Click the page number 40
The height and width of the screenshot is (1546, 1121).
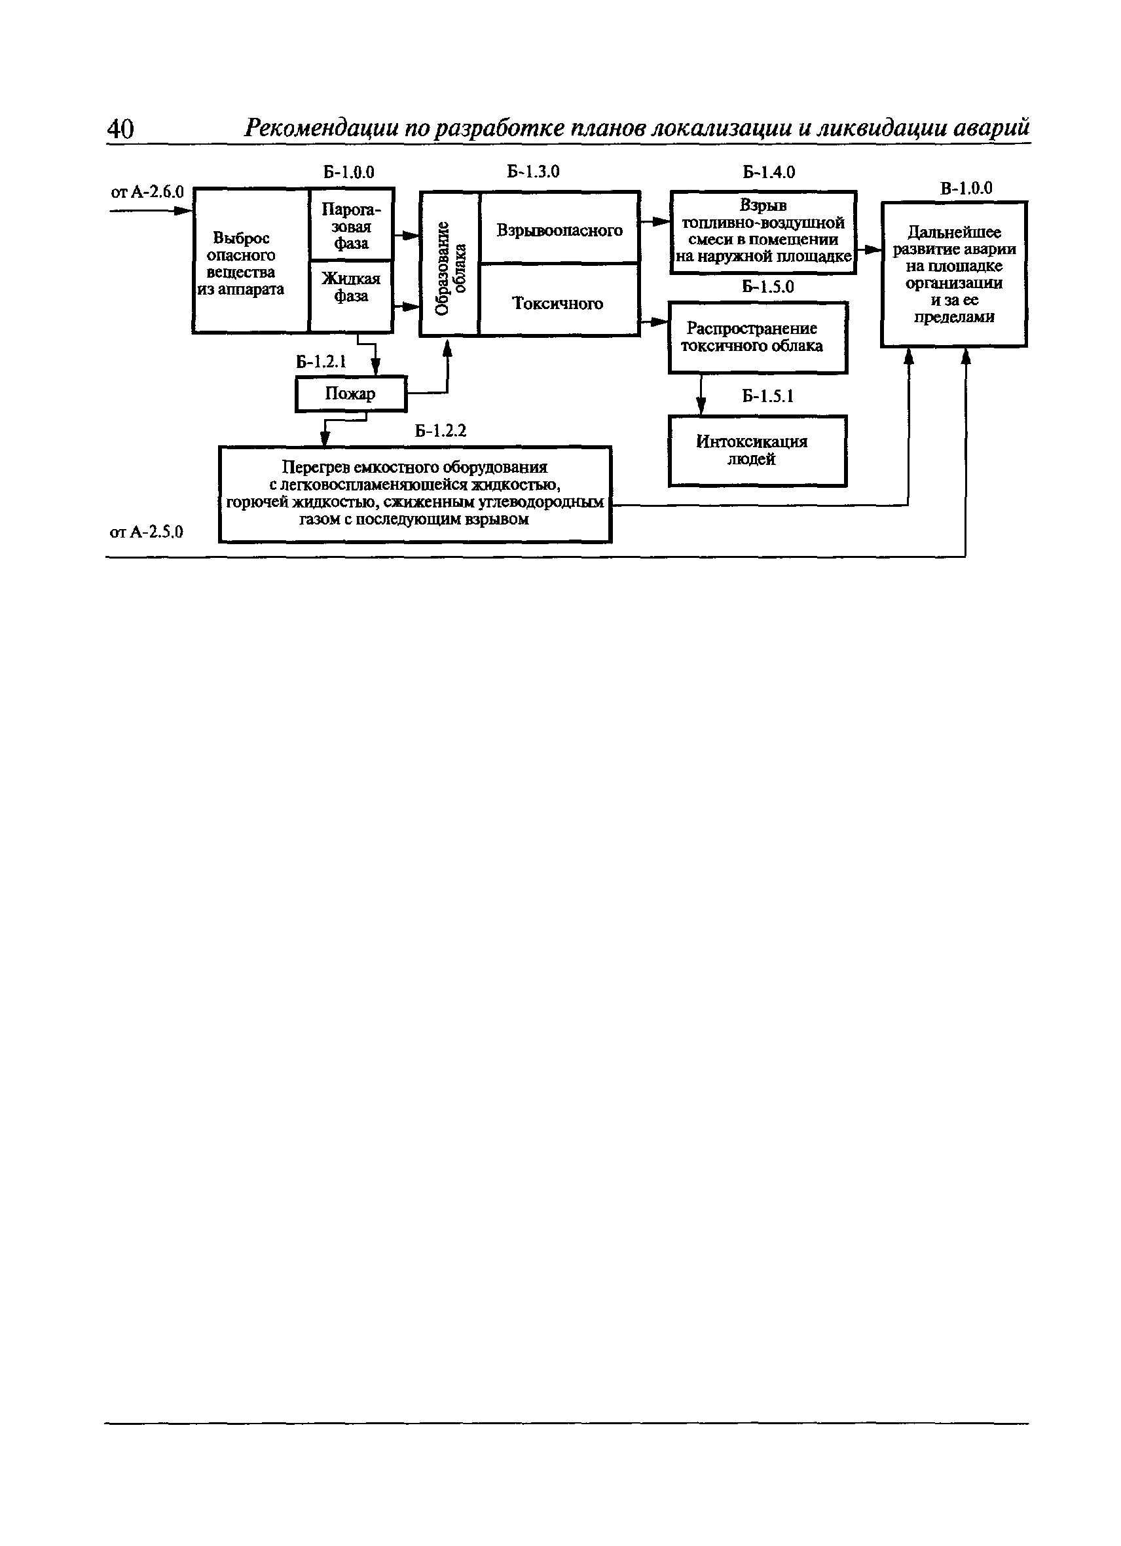click(120, 128)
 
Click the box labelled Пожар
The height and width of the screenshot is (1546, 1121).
click(351, 394)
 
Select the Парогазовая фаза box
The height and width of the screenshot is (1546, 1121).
click(352, 224)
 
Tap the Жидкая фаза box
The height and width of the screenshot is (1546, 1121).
click(352, 297)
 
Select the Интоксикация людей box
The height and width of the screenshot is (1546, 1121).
click(758, 451)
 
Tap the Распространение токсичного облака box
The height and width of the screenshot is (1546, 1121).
click(758, 337)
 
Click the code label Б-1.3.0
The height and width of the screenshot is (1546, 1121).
click(533, 172)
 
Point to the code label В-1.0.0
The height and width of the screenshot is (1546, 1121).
click(966, 188)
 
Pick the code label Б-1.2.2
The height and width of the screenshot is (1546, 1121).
click(440, 431)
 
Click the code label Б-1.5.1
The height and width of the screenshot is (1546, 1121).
click(768, 396)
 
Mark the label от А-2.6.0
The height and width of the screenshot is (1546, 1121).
click(147, 193)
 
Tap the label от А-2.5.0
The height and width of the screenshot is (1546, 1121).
click(147, 532)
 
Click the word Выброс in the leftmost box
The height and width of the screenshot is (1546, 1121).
click(241, 238)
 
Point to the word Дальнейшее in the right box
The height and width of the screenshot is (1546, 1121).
click(954, 232)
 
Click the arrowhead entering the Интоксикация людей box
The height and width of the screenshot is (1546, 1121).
click(701, 408)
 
